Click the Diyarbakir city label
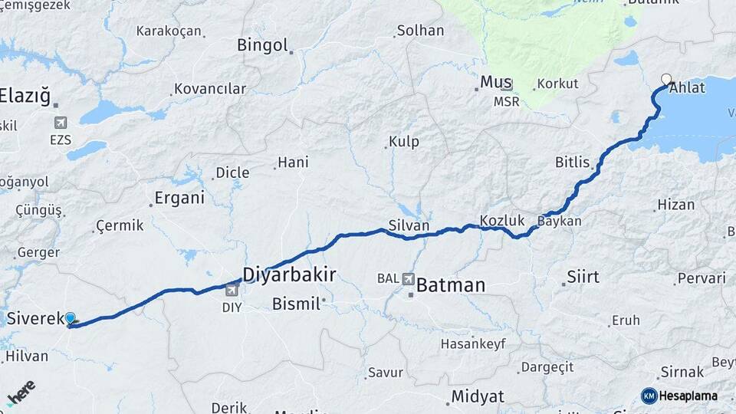pos(289,274)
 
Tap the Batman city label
pos(452,286)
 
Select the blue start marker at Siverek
pos(71,318)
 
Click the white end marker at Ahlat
pos(666,79)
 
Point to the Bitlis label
pos(573,163)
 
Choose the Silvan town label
pos(409,225)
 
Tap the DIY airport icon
pos(232,290)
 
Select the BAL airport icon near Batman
pos(407,278)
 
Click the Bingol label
pos(262,44)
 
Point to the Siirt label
pos(583,277)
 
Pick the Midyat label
pos(478,396)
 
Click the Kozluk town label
pos(502,221)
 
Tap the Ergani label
pos(179,198)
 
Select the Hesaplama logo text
pos(688,396)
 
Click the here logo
pos(21,393)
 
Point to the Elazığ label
pos(25,97)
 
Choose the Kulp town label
pos(404,142)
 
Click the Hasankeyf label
pos(473,343)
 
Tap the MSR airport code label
pos(506,101)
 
